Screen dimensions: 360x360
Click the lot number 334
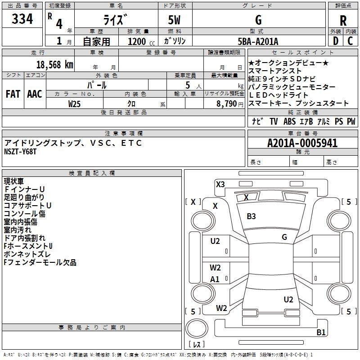[x=22, y=19]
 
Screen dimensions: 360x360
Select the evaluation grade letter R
[x=343, y=21]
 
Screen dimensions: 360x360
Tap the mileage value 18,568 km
[x=55, y=64]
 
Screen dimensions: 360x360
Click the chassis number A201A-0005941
[x=302, y=143]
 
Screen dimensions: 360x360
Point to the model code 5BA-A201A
[x=258, y=41]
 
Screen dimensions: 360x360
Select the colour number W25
[x=75, y=103]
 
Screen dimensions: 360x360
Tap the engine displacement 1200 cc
[x=137, y=41]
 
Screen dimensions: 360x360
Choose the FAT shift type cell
[x=13, y=94]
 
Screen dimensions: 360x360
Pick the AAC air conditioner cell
[x=35, y=94]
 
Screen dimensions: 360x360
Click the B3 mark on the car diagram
[x=251, y=216]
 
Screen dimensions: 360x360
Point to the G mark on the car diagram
[x=284, y=237]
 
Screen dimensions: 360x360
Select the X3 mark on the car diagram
[x=220, y=184]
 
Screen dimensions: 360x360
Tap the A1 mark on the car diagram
[x=215, y=279]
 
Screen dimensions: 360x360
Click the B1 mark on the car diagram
[x=321, y=333]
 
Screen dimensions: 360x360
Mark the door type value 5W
[x=175, y=20]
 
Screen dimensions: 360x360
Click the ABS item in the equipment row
[x=289, y=121]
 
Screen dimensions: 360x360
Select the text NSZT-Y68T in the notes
[x=20, y=152]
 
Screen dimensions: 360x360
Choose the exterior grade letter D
[x=335, y=41]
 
